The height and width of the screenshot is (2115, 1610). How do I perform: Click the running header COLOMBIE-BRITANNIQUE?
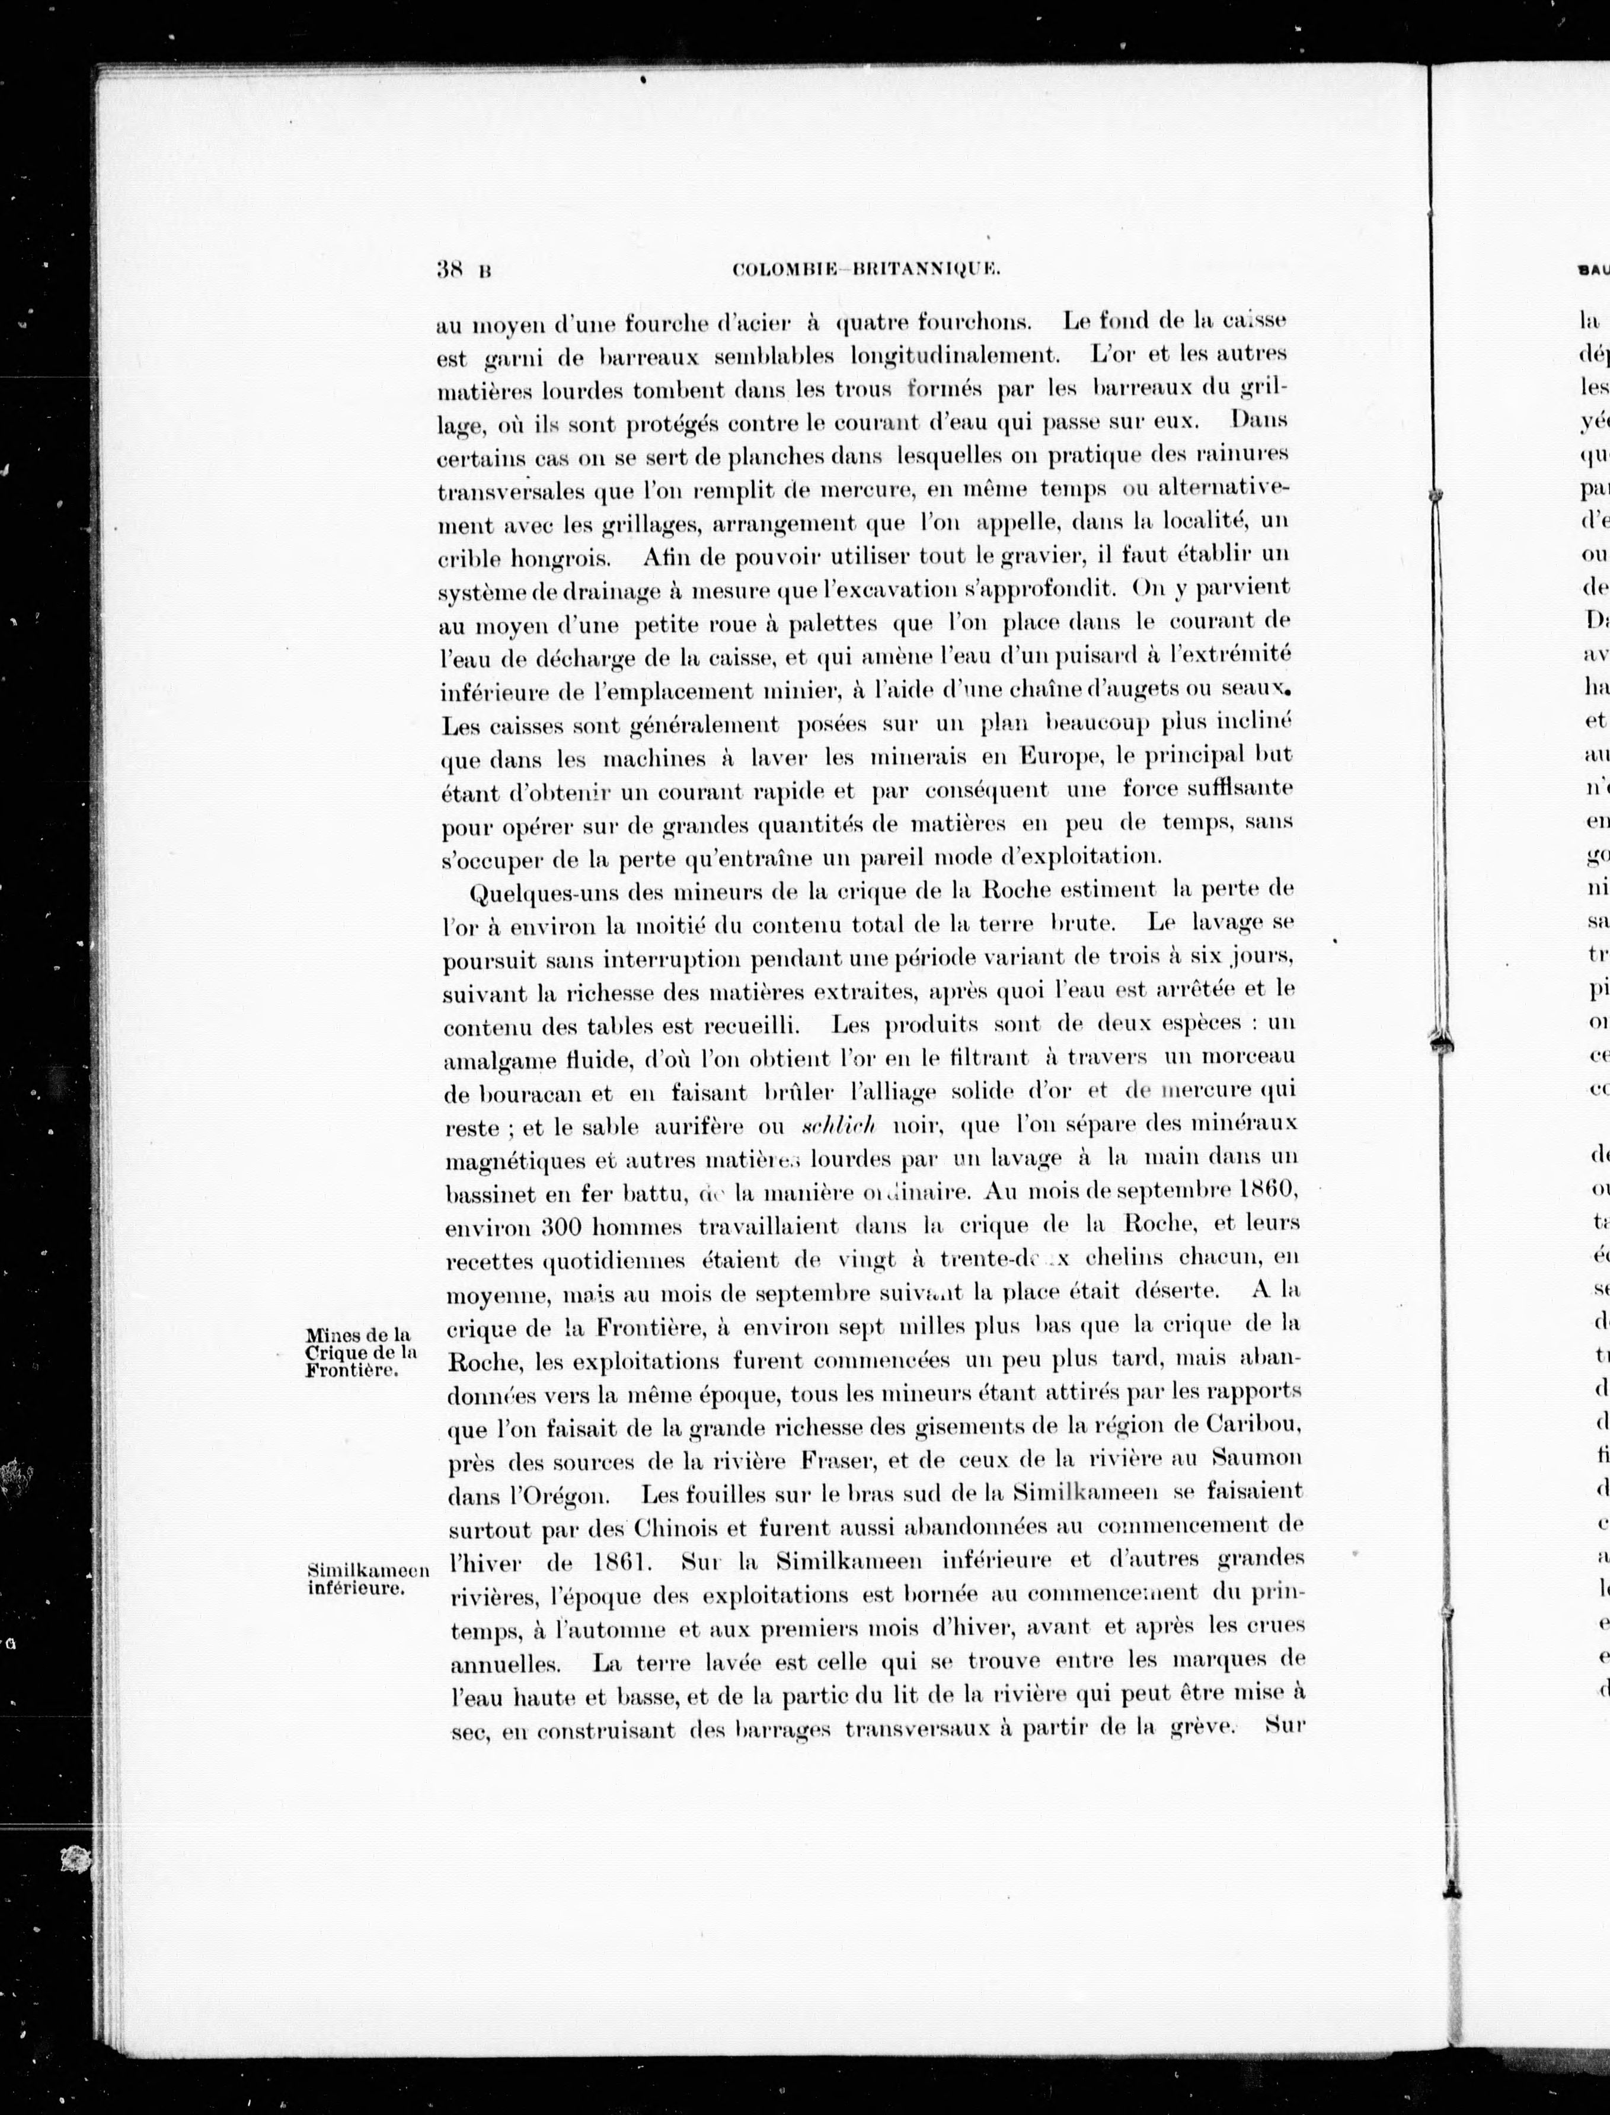(x=866, y=271)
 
